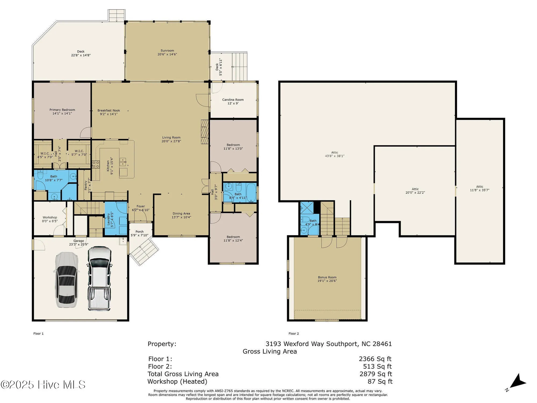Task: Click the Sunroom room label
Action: pos(167,51)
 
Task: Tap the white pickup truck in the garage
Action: pos(99,279)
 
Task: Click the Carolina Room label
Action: pos(233,100)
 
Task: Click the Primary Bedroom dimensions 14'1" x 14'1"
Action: pos(62,114)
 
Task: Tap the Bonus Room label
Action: pos(327,277)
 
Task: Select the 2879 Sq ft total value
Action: pos(376,374)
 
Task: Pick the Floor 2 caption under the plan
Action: pos(293,333)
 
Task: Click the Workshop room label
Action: pos(50,217)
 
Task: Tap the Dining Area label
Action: pos(181,214)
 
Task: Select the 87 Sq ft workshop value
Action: pos(380,382)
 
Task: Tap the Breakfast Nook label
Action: pos(109,110)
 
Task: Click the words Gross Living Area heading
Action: pos(270,351)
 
